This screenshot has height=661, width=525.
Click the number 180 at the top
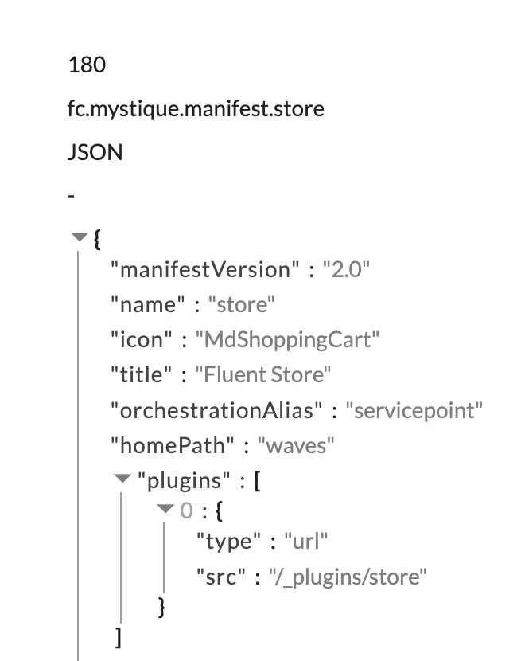[x=87, y=65]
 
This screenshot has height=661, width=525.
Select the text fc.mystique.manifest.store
[x=196, y=108]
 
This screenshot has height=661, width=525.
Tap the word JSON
[x=95, y=152]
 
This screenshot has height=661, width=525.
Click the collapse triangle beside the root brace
[x=78, y=237]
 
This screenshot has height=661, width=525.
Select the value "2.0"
[x=346, y=270]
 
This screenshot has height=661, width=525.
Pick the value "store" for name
[x=241, y=305]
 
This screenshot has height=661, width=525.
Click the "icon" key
[x=142, y=340]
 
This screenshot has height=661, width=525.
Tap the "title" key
[x=142, y=375]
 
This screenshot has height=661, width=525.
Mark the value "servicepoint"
[x=418, y=410]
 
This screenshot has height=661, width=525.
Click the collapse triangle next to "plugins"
[x=122, y=479]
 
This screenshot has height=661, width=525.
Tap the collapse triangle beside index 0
[x=165, y=508]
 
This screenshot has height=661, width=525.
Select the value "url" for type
[x=305, y=542]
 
